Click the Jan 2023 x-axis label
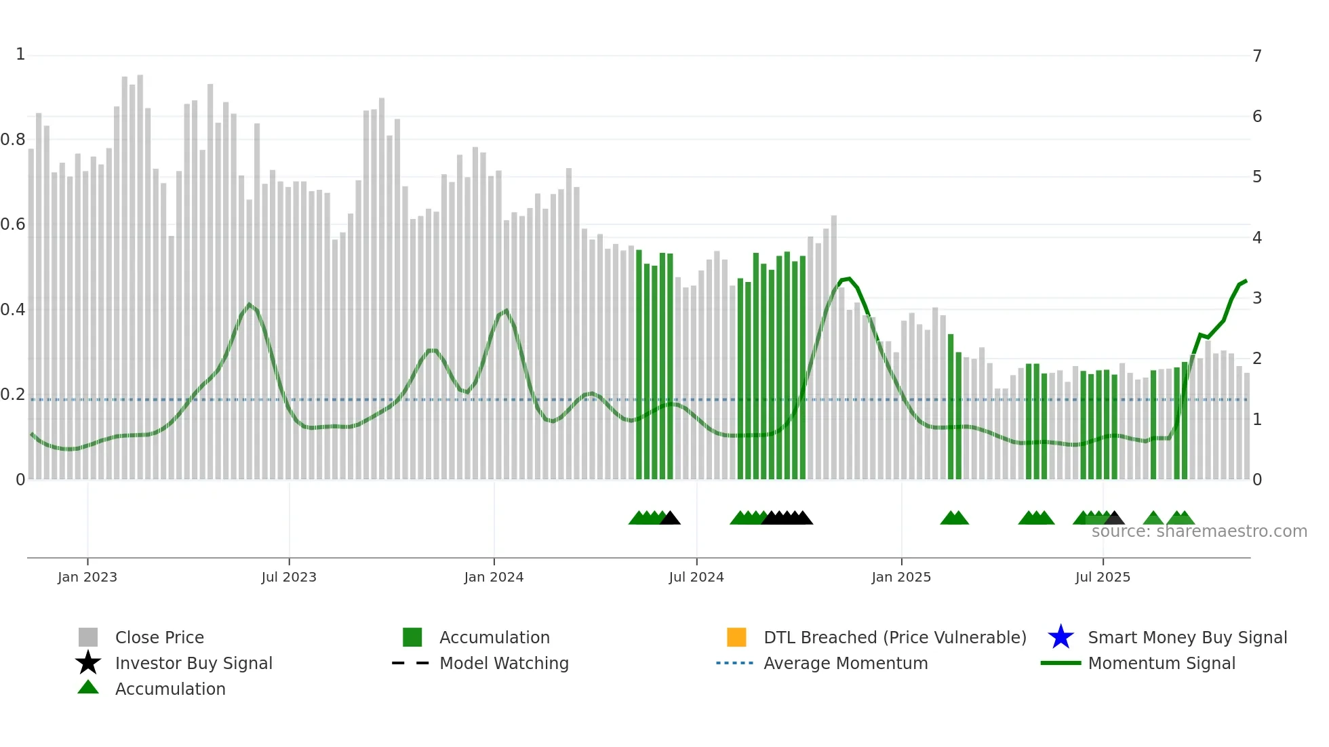(x=87, y=577)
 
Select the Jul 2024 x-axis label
(x=696, y=577)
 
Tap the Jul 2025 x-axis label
(x=1103, y=577)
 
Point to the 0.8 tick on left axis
(x=13, y=140)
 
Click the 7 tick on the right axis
(x=1257, y=56)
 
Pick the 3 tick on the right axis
(x=1257, y=298)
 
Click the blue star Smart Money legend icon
(x=1060, y=637)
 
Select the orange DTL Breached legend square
(x=736, y=637)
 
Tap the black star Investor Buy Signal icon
(x=88, y=663)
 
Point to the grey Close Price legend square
(x=88, y=637)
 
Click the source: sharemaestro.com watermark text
(x=1199, y=531)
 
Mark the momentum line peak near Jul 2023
(x=250, y=304)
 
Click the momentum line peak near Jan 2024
(x=506, y=310)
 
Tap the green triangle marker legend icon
(x=88, y=687)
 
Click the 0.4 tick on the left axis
(x=13, y=310)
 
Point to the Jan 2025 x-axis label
(x=901, y=577)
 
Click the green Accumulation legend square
(x=412, y=637)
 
